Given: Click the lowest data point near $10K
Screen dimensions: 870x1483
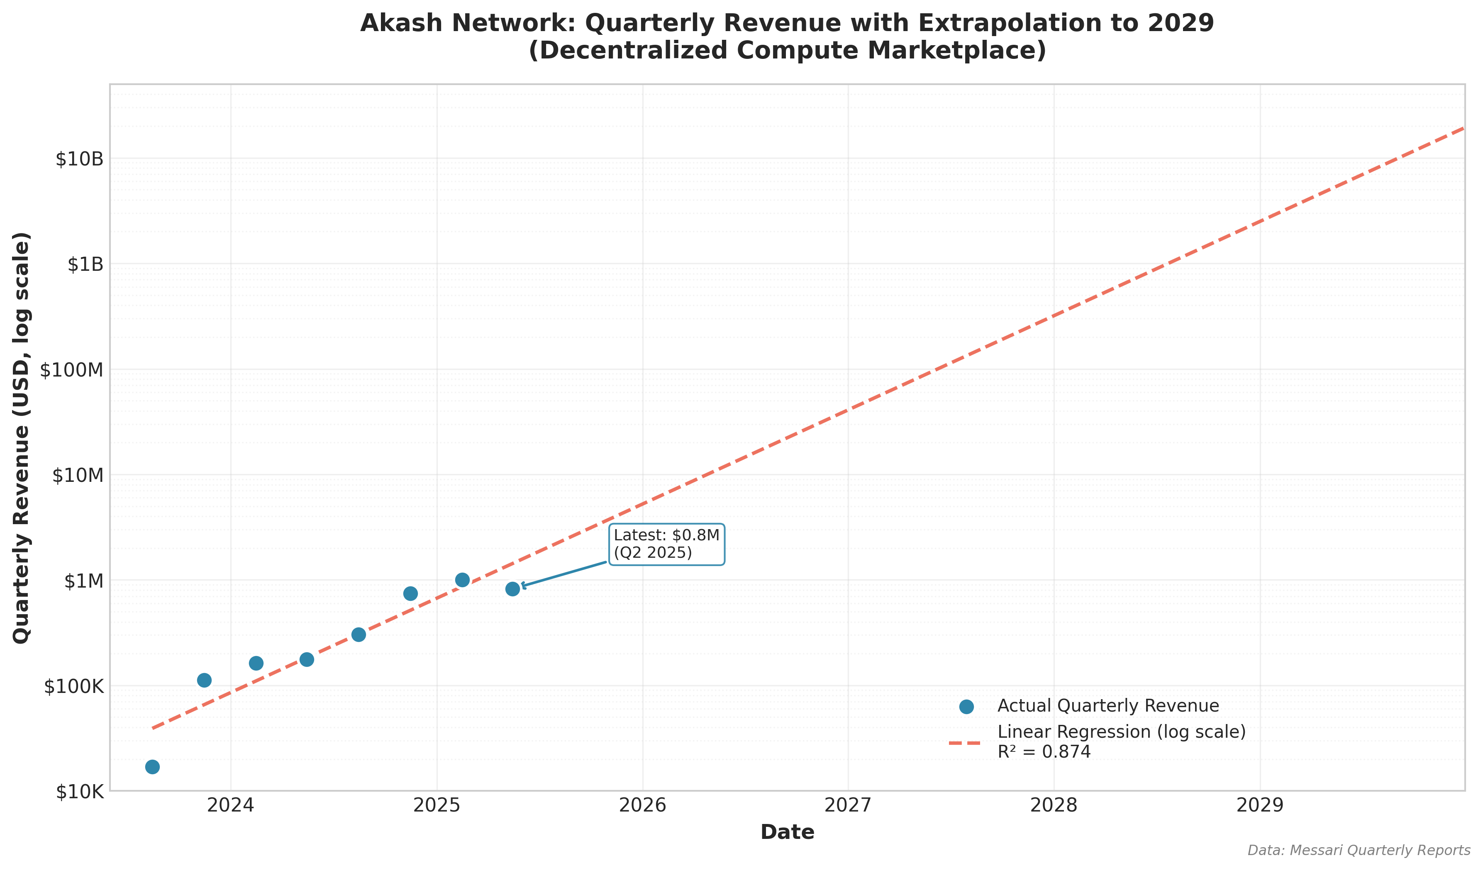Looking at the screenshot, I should [152, 766].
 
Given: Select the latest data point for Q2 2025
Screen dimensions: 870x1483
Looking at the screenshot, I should [512, 589].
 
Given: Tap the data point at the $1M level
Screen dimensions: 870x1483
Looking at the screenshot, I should [463, 580].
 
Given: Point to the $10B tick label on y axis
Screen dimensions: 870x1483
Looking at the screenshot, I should [79, 159].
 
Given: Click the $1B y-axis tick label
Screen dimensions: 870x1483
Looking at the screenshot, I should [85, 265].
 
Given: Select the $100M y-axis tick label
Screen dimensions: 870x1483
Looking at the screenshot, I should [72, 370].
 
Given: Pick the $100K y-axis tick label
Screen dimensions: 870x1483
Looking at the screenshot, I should [74, 686].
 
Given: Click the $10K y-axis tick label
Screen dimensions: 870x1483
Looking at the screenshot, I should [80, 792].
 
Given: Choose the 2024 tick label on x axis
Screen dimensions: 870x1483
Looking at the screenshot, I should [231, 805].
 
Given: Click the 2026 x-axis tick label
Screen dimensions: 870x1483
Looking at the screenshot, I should [643, 805].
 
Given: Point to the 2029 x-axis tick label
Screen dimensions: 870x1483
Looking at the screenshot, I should [1260, 805].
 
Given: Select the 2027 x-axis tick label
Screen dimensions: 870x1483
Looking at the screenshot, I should [848, 805].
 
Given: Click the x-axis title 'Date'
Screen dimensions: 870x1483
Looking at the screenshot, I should [788, 832].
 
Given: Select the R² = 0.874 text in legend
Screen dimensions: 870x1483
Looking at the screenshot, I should [1044, 752].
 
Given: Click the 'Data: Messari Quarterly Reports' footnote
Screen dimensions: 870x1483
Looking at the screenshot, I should [1358, 851].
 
